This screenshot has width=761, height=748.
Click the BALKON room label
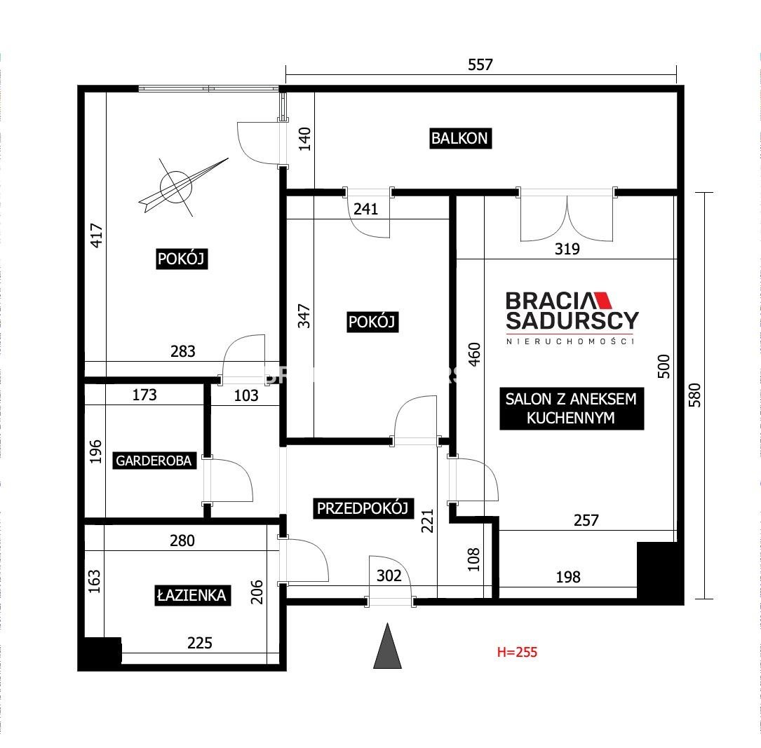(x=460, y=138)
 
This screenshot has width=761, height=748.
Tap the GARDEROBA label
(x=154, y=461)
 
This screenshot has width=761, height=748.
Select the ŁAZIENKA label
(x=191, y=595)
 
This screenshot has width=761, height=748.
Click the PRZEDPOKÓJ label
(x=363, y=508)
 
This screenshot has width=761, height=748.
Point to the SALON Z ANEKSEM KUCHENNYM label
(x=571, y=409)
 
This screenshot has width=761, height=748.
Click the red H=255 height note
(x=518, y=652)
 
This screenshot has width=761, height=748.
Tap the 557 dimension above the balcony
(x=480, y=64)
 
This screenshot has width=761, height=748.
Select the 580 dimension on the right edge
(x=695, y=395)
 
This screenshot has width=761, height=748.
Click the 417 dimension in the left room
(x=97, y=236)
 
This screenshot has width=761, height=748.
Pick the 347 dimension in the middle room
(x=304, y=316)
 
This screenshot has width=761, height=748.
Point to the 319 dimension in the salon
(x=567, y=249)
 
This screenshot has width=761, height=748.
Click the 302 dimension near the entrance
(x=389, y=576)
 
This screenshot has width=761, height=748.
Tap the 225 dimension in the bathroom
(x=200, y=643)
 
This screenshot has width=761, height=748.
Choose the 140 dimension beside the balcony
(x=304, y=140)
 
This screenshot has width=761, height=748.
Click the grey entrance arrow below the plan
(x=387, y=646)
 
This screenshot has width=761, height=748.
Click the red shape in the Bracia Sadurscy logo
(x=602, y=300)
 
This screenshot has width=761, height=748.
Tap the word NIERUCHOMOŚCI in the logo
(x=570, y=341)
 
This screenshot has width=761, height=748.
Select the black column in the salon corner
(x=659, y=573)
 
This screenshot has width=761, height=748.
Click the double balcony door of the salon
(x=567, y=217)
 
